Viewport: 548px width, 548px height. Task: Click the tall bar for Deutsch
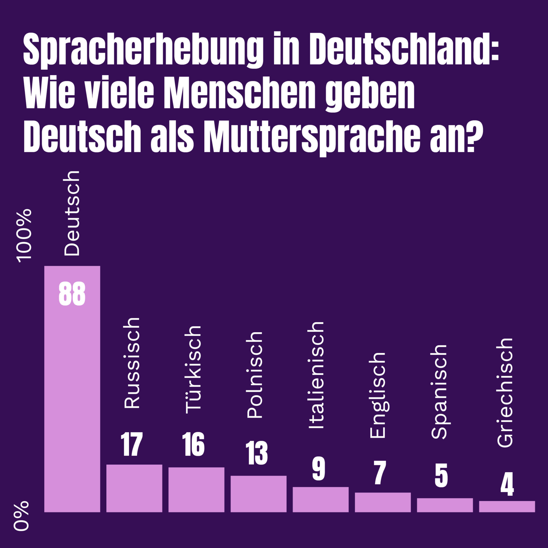tap(72, 400)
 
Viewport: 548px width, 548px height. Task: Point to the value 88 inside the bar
tap(72, 294)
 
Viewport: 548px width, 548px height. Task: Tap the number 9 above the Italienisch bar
tap(319, 468)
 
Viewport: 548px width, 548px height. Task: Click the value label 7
tap(380, 472)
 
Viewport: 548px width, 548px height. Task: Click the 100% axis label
tap(24, 235)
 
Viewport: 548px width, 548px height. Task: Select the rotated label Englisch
tap(377, 395)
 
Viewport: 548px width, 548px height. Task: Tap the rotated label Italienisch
tap(316, 375)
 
